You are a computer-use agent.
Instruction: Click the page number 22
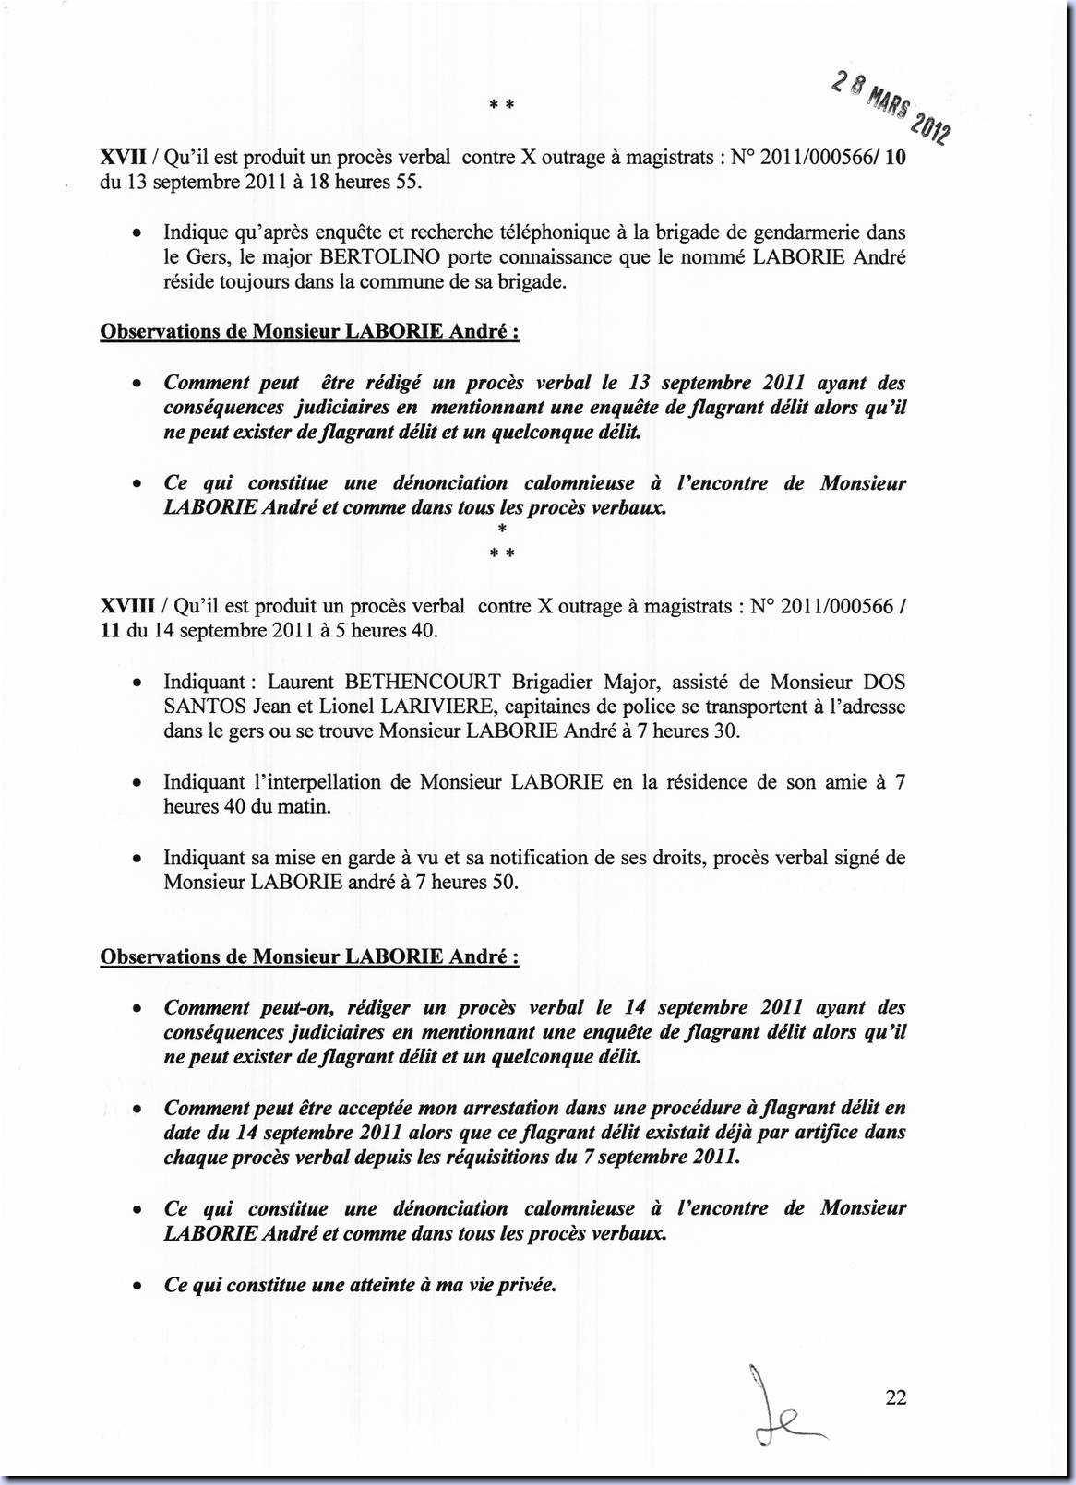(895, 1397)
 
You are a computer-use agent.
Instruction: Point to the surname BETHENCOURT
(423, 682)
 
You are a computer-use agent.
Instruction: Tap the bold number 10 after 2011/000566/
(894, 157)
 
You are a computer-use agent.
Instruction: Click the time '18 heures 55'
(363, 182)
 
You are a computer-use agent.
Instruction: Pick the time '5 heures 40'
(379, 631)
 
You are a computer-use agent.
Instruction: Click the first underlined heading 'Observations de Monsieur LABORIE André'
(308, 331)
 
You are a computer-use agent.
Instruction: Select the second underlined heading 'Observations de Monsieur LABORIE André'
(308, 956)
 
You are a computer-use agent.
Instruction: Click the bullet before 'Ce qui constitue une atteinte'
(137, 1286)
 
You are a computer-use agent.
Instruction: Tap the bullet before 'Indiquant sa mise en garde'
(137, 859)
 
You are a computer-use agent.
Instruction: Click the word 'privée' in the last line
(528, 1284)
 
